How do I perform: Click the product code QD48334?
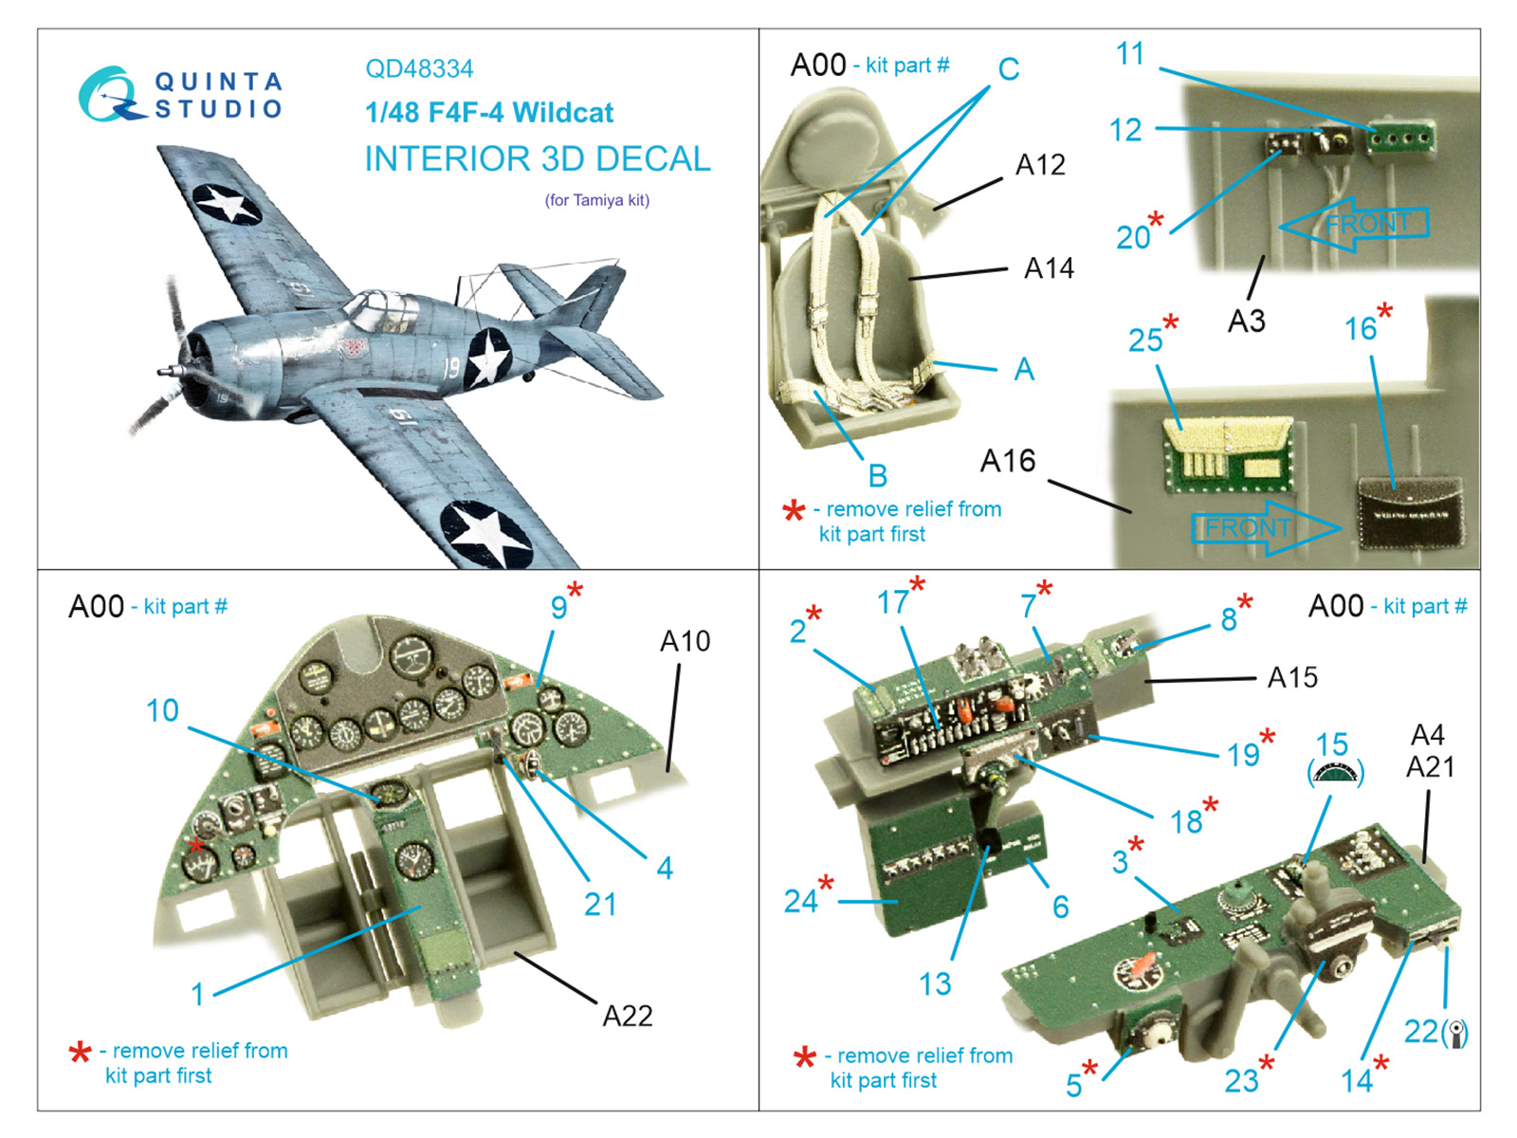[419, 69]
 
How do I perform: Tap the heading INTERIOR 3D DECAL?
[538, 159]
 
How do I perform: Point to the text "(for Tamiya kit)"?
[596, 200]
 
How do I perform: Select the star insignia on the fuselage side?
[489, 358]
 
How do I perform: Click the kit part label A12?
[1040, 165]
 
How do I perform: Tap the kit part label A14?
[1049, 268]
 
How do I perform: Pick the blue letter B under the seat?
[878, 475]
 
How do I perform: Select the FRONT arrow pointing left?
[1356, 225]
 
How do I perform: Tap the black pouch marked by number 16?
[1408, 512]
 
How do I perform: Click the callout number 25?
[1145, 340]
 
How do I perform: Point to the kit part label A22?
[628, 1016]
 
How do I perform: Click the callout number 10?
[162, 710]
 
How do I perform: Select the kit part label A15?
[1292, 677]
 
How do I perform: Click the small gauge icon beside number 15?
[1336, 774]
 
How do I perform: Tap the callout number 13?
[935, 983]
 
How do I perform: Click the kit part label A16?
[1008, 461]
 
